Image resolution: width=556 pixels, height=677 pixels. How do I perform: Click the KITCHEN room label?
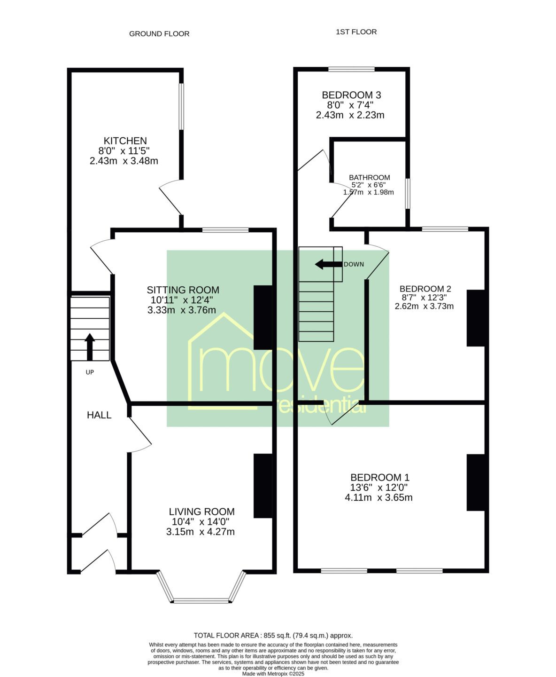125,141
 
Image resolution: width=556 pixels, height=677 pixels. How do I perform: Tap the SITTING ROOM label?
183,290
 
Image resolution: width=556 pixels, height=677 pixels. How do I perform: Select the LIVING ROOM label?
201,512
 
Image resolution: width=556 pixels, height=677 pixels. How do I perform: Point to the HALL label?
99,416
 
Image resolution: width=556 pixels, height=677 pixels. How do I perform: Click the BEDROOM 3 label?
351,95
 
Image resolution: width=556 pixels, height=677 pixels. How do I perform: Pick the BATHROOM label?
370,178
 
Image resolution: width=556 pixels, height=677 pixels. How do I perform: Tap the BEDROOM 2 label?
425,288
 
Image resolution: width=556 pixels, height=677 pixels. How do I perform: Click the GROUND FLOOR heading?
159,34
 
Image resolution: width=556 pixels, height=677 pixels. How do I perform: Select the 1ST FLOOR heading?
356,32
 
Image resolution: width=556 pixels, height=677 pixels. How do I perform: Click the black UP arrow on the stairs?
90,347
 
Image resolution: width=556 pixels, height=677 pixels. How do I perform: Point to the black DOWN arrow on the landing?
329,265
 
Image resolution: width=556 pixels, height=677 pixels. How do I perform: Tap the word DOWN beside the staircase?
354,265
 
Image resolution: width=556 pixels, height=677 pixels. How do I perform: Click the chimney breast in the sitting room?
263,317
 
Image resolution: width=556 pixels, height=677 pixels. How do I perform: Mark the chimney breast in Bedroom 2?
476,318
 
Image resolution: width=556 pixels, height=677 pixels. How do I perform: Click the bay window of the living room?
201,599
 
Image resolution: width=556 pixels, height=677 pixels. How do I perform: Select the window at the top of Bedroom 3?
351,69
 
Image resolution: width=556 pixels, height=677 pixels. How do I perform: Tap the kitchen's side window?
181,107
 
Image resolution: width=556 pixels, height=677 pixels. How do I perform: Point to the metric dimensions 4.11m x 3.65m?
378,498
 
